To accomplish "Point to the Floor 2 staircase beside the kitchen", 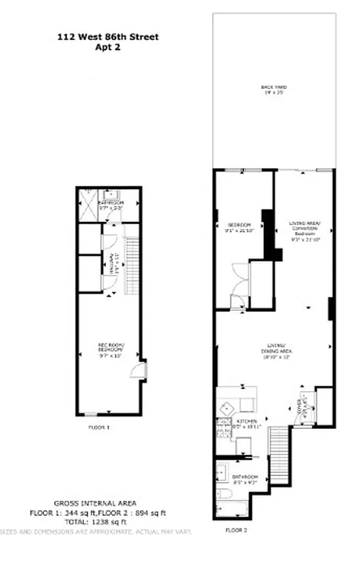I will [279, 455].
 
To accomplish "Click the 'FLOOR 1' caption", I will [99, 428].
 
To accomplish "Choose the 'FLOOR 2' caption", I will [236, 530].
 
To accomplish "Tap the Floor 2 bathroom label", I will [244, 478].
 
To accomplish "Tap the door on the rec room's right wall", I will [144, 371].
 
